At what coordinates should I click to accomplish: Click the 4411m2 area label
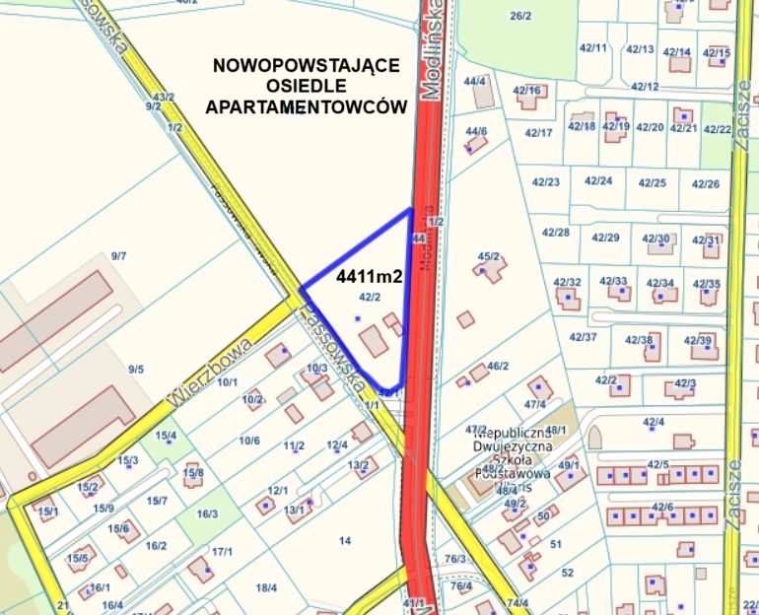pos(370,278)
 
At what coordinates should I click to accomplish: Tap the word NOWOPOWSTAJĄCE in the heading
pos(307,66)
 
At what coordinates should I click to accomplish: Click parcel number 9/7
pos(119,255)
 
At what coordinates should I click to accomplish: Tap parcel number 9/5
pos(136,370)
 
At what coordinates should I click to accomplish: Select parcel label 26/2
pos(520,16)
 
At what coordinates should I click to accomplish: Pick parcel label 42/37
pos(584,337)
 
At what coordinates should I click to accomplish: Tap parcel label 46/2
pos(498,366)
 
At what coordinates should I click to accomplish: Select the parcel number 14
pos(345,540)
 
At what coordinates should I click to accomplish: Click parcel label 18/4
pos(266,588)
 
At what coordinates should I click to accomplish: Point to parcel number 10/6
pos(248,441)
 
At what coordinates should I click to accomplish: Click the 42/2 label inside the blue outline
pos(370,297)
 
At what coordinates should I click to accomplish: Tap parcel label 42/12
pos(645,87)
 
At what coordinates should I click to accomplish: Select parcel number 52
pos(567,572)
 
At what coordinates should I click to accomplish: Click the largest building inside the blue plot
pos(374,343)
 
